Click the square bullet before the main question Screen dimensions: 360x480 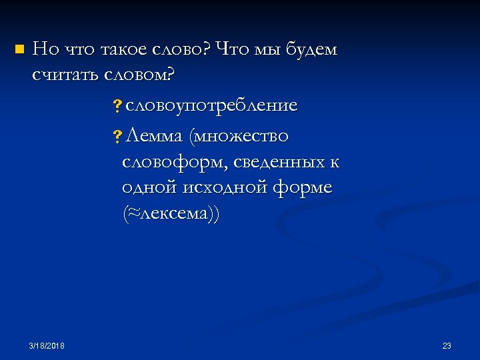pyautogui.click(x=18, y=49)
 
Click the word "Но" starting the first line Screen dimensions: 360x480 pyautogui.click(x=45, y=49)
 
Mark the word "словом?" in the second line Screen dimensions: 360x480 pyautogui.click(x=139, y=75)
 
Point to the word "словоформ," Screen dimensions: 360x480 pyautogui.click(x=175, y=163)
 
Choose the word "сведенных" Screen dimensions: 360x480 pyautogui.click(x=279, y=163)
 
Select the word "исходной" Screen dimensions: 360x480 pyautogui.click(x=223, y=188)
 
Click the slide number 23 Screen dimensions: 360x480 pyautogui.click(x=447, y=345)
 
